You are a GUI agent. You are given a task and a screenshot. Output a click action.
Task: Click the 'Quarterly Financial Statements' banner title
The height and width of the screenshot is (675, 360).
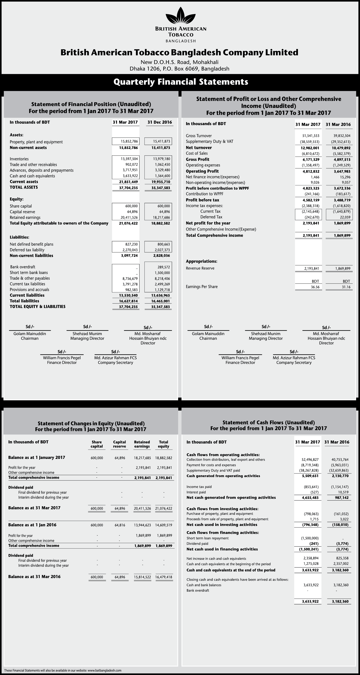click(181, 82)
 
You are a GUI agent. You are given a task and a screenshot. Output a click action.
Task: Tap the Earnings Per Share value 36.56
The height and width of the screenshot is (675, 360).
click(315, 287)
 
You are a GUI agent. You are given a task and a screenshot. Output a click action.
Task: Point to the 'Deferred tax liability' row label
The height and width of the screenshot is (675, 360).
click(27, 250)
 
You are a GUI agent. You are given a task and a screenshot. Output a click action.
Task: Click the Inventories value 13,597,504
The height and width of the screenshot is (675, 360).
click(129, 159)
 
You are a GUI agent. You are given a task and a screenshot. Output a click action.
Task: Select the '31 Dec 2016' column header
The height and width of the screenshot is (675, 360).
click(160, 122)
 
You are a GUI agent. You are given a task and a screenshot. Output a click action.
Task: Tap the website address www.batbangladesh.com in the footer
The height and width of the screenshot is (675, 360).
click(104, 670)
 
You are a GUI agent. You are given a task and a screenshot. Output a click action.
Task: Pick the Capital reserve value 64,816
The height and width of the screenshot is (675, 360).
click(120, 525)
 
